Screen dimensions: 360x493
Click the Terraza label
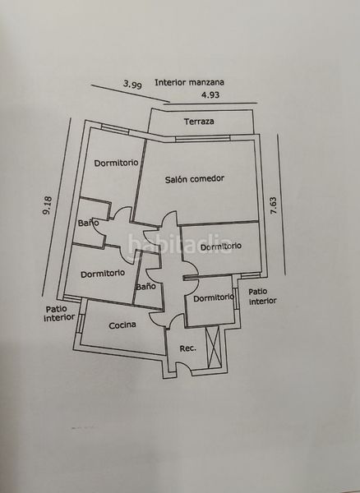pos(199,122)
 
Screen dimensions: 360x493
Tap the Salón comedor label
pos(195,179)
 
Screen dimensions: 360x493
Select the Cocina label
pos(122,325)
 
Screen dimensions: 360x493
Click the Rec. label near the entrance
pos(187,348)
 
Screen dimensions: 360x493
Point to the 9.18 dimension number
pos(47,205)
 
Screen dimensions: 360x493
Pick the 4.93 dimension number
pos(210,94)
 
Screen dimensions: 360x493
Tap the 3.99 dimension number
pos(132,85)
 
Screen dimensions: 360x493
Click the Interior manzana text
pos(189,82)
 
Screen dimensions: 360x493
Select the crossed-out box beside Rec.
pos(214,347)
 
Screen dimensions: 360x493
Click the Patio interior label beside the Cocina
pos(59,314)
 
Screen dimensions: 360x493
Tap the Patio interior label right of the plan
pos(262,297)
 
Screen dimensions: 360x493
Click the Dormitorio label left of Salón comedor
pos(117,163)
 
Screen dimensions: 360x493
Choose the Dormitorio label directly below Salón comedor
pos(221,246)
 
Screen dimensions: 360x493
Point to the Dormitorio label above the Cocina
pos(103,274)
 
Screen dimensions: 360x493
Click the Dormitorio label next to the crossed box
pos(214,297)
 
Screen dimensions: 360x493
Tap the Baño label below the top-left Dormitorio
pos(88,223)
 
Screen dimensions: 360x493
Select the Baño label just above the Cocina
pos(145,287)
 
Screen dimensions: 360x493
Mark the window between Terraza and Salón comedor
pos(203,138)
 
